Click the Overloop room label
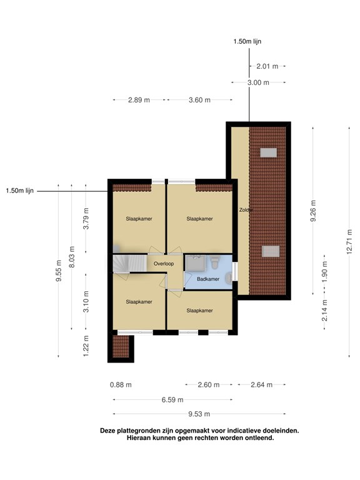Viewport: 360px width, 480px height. tap(164, 264)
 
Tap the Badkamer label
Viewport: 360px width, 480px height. tap(208, 279)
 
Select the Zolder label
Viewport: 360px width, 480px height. tap(246, 210)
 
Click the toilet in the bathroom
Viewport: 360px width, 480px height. tap(214, 263)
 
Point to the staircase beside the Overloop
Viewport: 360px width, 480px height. tap(130, 264)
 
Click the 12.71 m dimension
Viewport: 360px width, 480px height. tap(349, 242)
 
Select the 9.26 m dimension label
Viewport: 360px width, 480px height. tap(313, 211)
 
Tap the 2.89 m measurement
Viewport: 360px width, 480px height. tap(139, 100)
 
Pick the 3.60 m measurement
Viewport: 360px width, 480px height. tap(199, 100)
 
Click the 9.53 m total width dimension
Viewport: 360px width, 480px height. tap(199, 414)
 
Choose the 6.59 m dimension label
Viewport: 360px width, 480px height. tap(172, 400)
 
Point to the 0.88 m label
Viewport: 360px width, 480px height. tap(121, 385)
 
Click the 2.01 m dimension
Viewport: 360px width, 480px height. tap(267, 66)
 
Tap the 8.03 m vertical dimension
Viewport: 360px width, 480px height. tap(72, 257)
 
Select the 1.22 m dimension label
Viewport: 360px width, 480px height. tap(86, 346)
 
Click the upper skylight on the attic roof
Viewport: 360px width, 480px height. tap(269, 152)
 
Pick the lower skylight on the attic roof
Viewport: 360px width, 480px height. tap(271, 251)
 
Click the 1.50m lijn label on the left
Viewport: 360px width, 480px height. tap(20, 191)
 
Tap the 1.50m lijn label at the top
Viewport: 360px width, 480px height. tap(247, 42)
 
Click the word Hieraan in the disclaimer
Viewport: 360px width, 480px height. tap(139, 437)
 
